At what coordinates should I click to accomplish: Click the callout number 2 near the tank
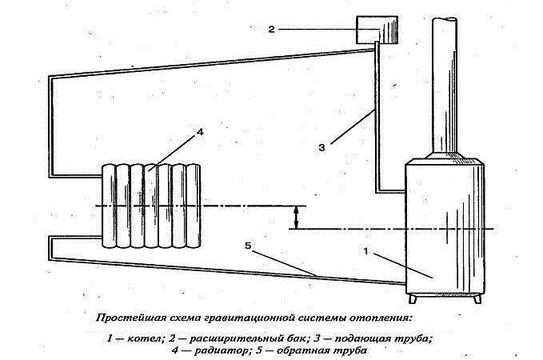pyautogui.click(x=271, y=29)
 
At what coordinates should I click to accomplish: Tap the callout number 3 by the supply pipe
pyautogui.click(x=322, y=148)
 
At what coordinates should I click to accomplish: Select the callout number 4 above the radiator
pyautogui.click(x=200, y=132)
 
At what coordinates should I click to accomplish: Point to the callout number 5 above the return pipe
pyautogui.click(x=248, y=246)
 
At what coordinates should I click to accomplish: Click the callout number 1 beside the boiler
pyautogui.click(x=366, y=251)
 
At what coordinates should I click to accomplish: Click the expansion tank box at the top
pyautogui.click(x=377, y=30)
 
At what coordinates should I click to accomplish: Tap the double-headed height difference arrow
pyautogui.click(x=295, y=218)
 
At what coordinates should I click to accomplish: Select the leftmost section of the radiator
pyautogui.click(x=109, y=206)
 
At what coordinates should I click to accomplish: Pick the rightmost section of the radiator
pyautogui.click(x=194, y=206)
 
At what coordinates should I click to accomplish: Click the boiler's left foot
pyautogui.click(x=412, y=299)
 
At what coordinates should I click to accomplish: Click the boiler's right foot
pyautogui.click(x=477, y=299)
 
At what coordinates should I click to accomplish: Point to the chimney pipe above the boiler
pyautogui.click(x=445, y=86)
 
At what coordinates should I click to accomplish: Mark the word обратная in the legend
pyautogui.click(x=305, y=350)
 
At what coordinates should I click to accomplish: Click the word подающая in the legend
pyautogui.click(x=361, y=338)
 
